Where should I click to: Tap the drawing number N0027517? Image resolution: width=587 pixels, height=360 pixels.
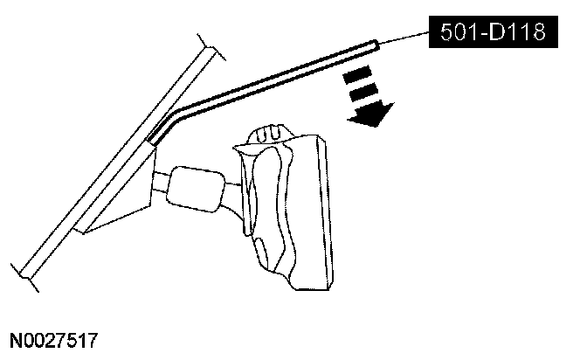53,337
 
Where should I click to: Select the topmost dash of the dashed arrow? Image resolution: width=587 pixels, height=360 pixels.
355,75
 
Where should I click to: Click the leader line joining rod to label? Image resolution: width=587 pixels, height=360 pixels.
403,38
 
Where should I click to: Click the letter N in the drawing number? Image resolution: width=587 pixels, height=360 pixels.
17,337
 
